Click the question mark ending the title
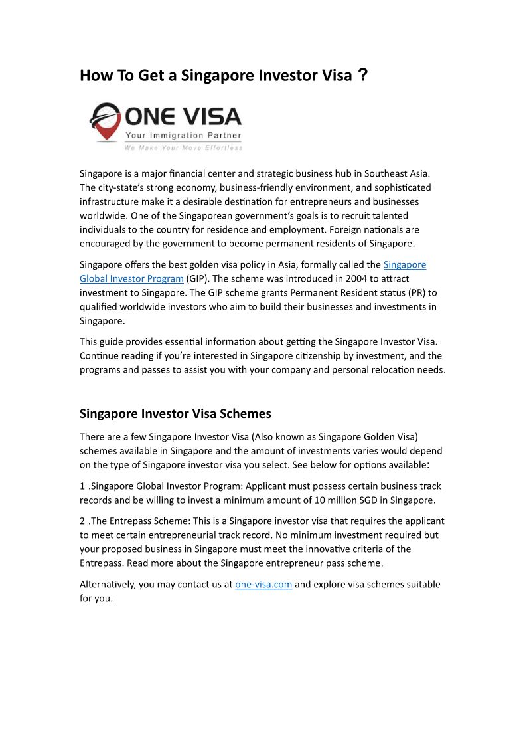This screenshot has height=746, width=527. pyautogui.click(x=362, y=75)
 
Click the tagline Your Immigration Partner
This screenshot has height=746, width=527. pyautogui.click(x=184, y=136)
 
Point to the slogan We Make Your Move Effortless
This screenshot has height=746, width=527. pyautogui.click(x=184, y=147)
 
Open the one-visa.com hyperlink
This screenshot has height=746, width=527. pyautogui.click(x=263, y=585)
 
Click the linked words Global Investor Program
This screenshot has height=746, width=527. pyautogui.click(x=131, y=278)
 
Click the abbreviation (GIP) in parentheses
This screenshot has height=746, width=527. pyautogui.click(x=198, y=278)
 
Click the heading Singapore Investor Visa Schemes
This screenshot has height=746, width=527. pyautogui.click(x=175, y=413)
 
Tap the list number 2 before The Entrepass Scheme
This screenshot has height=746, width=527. pyautogui.click(x=83, y=521)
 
